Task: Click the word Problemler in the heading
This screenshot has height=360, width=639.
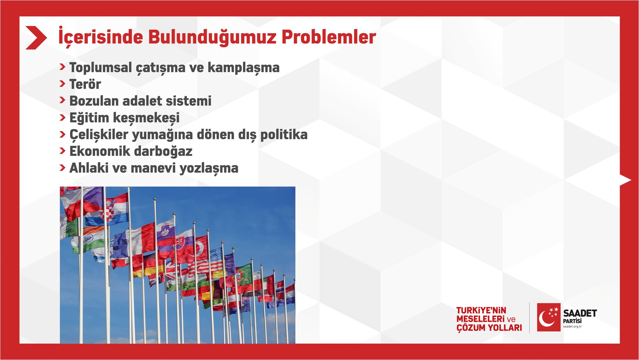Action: point(329,37)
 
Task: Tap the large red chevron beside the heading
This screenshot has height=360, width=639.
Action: point(36,38)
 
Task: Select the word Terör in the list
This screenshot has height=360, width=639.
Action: point(85,84)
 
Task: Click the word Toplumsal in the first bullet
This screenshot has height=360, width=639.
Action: point(101,68)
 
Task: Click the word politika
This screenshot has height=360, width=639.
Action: point(284,135)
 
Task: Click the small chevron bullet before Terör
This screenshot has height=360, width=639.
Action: point(62,84)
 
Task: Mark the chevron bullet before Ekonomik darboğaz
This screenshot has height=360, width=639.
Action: point(62,151)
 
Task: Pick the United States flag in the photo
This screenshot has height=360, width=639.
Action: point(215,258)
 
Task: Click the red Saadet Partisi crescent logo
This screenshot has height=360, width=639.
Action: point(549,317)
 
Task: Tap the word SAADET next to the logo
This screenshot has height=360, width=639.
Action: point(580,313)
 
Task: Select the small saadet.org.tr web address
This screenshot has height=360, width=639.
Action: point(572,326)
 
